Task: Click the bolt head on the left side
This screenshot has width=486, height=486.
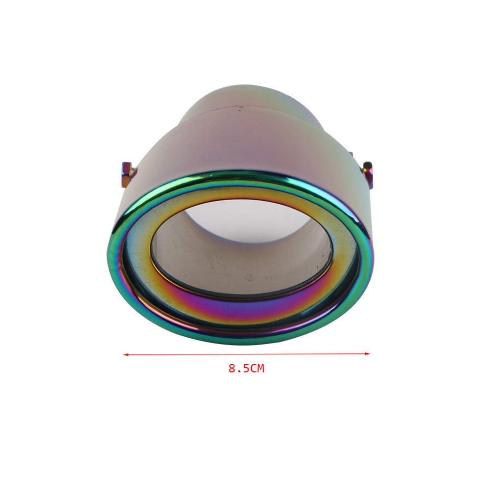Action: pos(127,174)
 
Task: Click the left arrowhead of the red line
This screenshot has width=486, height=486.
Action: pos(126,354)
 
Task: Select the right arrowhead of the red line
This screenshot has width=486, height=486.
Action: pos(367,353)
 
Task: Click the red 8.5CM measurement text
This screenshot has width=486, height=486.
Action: pos(246,368)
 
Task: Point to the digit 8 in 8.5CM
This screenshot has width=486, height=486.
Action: pos(232,368)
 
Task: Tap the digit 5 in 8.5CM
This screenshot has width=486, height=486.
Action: pos(246,368)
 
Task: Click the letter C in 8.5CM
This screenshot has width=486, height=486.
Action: pos(253,368)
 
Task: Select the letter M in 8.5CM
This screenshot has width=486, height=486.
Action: pos(261,368)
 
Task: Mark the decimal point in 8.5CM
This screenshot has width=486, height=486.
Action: pos(239,371)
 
